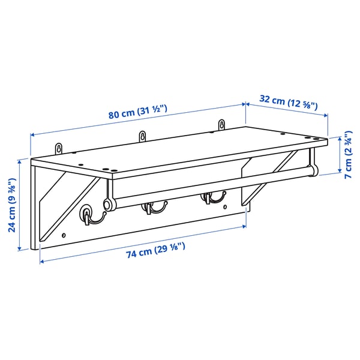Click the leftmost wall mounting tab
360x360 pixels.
[x=59, y=148]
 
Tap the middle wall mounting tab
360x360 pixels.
[x=142, y=136]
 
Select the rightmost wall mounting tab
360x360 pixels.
[x=221, y=125]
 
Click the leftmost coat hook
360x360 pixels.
[x=87, y=215]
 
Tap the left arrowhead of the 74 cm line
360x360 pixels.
[x=41, y=261]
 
